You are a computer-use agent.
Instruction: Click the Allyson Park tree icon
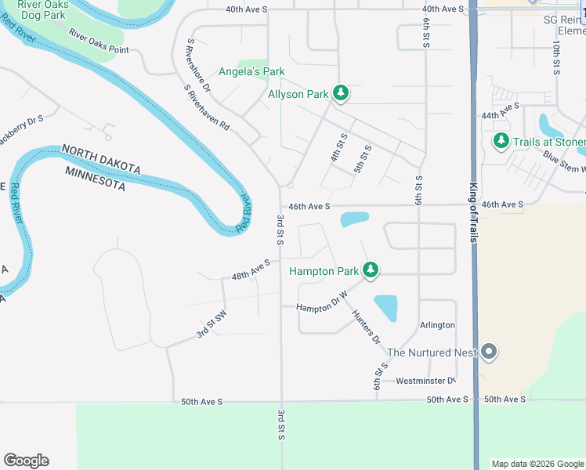(340, 94)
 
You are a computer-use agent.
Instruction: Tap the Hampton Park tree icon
(371, 271)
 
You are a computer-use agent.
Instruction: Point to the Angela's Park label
(251, 71)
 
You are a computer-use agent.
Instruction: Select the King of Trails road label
(473, 212)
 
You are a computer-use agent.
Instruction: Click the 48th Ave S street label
(251, 270)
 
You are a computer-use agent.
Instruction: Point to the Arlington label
(437, 325)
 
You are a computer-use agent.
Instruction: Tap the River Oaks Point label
(98, 42)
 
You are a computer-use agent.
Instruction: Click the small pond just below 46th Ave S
(355, 219)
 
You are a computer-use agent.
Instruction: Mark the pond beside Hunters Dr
(386, 307)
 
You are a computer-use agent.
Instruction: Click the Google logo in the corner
(27, 460)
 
